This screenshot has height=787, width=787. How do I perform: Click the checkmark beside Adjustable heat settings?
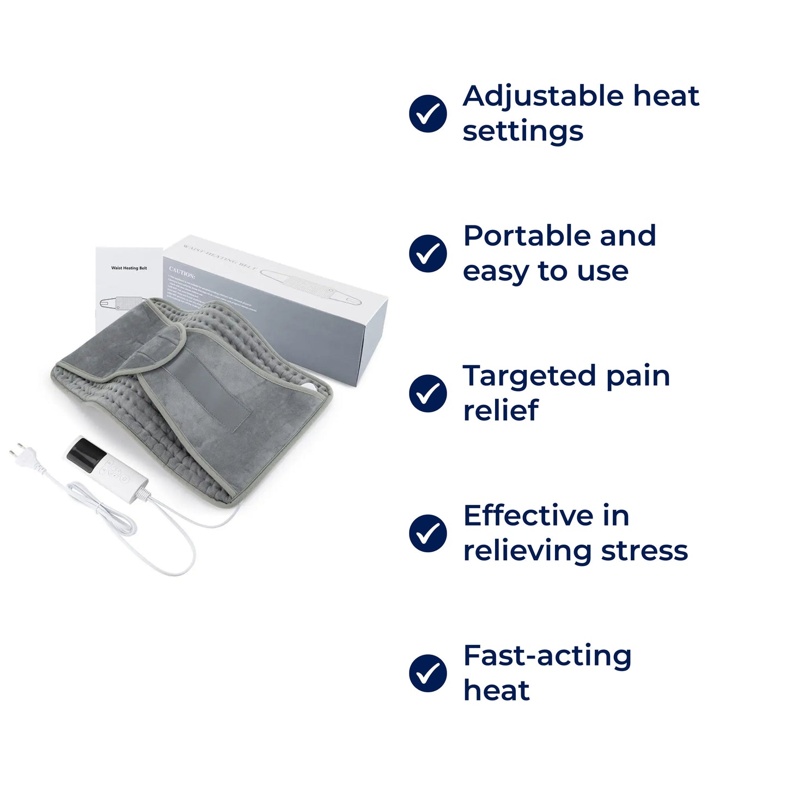point(428,114)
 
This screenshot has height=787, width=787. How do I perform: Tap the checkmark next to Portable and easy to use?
point(428,254)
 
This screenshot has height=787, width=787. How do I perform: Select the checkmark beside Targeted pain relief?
point(428,393)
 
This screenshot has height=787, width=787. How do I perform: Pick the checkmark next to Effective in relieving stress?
point(428,533)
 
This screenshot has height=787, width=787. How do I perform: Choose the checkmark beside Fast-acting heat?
point(428,673)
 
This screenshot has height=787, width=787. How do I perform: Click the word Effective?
point(528,516)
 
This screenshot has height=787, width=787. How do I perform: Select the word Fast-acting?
point(547,656)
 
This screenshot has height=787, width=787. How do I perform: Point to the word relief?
point(501,411)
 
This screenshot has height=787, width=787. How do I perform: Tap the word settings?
point(523,132)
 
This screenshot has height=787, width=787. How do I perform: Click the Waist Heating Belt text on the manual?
point(129,268)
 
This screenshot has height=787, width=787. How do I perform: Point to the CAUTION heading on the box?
point(181,272)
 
